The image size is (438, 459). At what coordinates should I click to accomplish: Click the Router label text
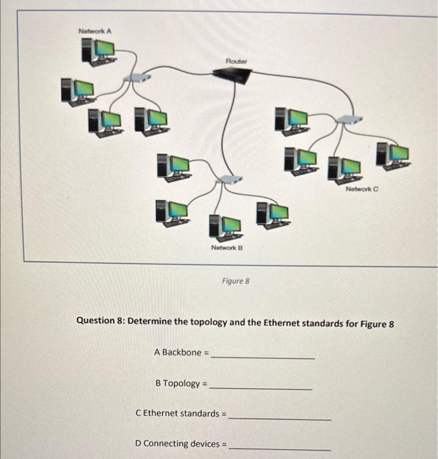point(236,61)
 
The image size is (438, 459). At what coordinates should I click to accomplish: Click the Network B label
point(227,248)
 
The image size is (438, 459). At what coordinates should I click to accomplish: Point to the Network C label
point(362,188)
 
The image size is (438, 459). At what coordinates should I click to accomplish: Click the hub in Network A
point(135,77)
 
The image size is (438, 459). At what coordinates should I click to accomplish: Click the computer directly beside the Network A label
point(99,50)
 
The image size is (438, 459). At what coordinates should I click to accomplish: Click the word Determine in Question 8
point(150,322)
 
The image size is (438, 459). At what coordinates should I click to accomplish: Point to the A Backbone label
point(181,353)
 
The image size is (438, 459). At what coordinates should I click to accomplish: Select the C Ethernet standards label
point(180,414)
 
